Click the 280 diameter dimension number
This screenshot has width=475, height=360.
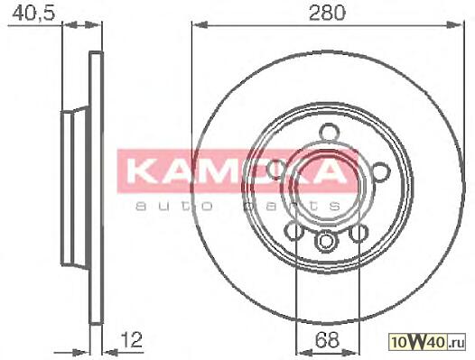coord(327,13)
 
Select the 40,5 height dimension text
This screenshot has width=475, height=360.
coord(33,14)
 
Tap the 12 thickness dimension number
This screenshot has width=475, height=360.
coord(132,340)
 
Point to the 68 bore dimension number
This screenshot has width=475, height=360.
coord(327,340)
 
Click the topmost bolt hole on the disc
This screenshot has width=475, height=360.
coord(330,132)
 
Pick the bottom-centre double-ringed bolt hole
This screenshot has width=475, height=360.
coord(326,242)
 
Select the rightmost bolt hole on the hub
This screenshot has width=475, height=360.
coord(380,171)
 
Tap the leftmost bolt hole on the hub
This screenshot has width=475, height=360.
coord(277,169)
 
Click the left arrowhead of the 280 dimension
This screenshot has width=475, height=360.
coord(199,25)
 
